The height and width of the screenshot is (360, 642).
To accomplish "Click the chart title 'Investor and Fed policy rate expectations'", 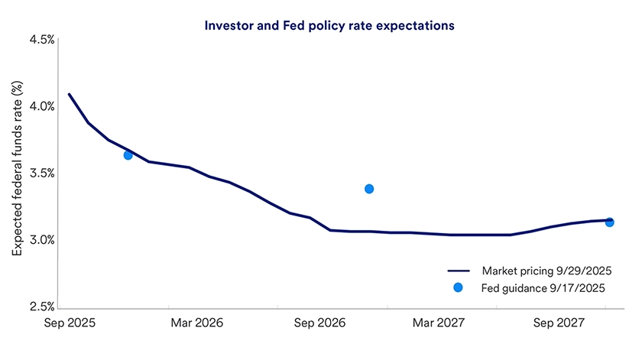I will tap(329, 25).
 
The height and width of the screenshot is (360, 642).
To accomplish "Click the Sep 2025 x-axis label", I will tap(70, 323).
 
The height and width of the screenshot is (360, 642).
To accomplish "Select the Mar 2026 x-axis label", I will tap(197, 323).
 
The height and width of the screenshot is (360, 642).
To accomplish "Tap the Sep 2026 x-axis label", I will tap(319, 323).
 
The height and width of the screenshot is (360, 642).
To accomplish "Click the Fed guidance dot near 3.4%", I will tap(369, 189).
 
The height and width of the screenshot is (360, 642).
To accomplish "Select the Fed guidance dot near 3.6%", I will tap(128, 155).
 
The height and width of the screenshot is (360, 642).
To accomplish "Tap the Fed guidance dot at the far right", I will tap(609, 222).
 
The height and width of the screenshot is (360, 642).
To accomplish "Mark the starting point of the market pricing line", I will tap(69, 94).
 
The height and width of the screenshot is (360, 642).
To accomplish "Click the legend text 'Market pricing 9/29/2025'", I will tap(546, 271).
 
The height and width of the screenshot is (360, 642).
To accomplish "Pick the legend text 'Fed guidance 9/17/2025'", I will tap(543, 288).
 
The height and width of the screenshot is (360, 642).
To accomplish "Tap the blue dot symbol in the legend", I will tap(458, 288).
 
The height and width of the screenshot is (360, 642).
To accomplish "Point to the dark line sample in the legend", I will tap(458, 271).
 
